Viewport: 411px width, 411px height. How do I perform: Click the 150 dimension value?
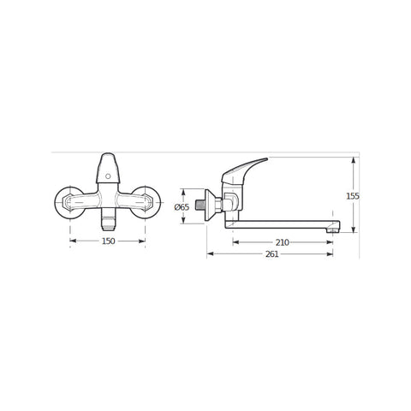click(109, 241)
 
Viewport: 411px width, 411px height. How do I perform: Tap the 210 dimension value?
click(283, 242)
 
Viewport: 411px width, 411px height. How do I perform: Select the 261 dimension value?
click(272, 254)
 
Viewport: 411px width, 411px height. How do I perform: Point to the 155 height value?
click(353, 196)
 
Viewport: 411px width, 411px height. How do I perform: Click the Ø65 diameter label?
click(182, 207)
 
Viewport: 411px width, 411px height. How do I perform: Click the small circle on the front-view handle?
click(108, 176)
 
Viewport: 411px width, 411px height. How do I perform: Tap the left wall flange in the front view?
click(69, 203)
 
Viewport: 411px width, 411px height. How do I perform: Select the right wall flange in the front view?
click(146, 203)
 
